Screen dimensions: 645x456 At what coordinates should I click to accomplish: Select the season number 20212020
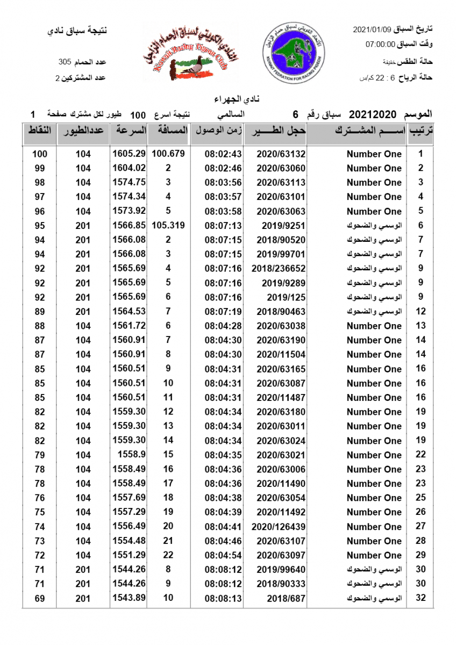click(372, 114)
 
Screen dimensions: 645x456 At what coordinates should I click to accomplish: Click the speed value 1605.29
click(129, 154)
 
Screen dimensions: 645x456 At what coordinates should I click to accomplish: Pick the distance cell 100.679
click(168, 154)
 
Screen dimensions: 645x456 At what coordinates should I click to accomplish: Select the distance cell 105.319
click(168, 225)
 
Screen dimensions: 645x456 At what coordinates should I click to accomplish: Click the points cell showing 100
click(40, 154)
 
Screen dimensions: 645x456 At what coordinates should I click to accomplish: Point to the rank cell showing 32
click(421, 598)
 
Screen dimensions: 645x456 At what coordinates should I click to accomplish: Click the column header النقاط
click(39, 131)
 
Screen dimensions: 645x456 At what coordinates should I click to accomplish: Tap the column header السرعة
click(129, 131)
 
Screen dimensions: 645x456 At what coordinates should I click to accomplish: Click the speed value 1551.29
click(129, 555)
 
